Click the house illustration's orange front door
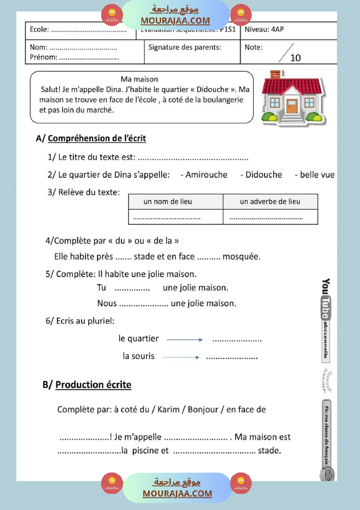click(x=292, y=106)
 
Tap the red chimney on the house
click(x=275, y=75)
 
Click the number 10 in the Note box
click(x=295, y=58)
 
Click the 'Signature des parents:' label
click(x=185, y=47)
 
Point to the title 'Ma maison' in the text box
click(x=139, y=79)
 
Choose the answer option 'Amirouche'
click(x=206, y=175)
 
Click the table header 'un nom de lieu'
click(x=168, y=202)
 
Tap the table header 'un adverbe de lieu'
click(x=270, y=202)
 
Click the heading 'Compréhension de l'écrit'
click(x=97, y=138)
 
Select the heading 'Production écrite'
click(x=93, y=384)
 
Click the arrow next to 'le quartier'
click(x=185, y=339)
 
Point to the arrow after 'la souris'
click(x=181, y=357)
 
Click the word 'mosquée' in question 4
click(x=241, y=257)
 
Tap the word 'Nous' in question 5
click(x=107, y=303)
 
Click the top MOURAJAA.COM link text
click(x=175, y=21)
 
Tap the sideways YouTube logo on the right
click(x=326, y=299)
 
